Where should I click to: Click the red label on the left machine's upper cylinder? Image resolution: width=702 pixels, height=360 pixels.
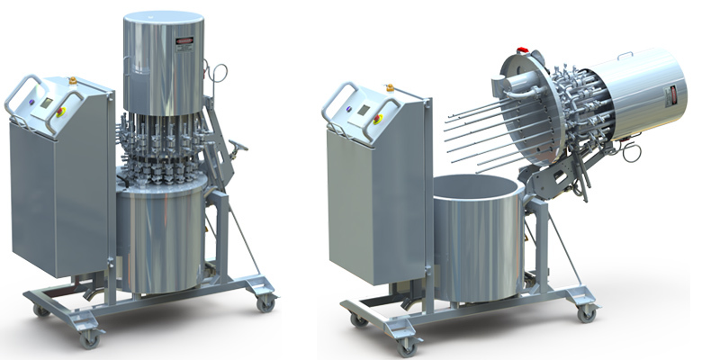(x=184, y=40)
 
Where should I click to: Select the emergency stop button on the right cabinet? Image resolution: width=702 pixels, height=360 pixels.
(x=379, y=118)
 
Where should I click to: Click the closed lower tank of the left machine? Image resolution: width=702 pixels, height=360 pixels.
(x=162, y=238)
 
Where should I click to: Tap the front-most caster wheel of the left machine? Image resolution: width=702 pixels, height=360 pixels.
(x=88, y=339)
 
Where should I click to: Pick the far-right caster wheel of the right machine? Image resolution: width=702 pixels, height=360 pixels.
(x=586, y=312)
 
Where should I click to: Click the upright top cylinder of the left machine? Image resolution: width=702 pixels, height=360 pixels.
(x=163, y=63)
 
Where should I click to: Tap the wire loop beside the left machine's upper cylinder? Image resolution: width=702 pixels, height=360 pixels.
(x=216, y=72)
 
